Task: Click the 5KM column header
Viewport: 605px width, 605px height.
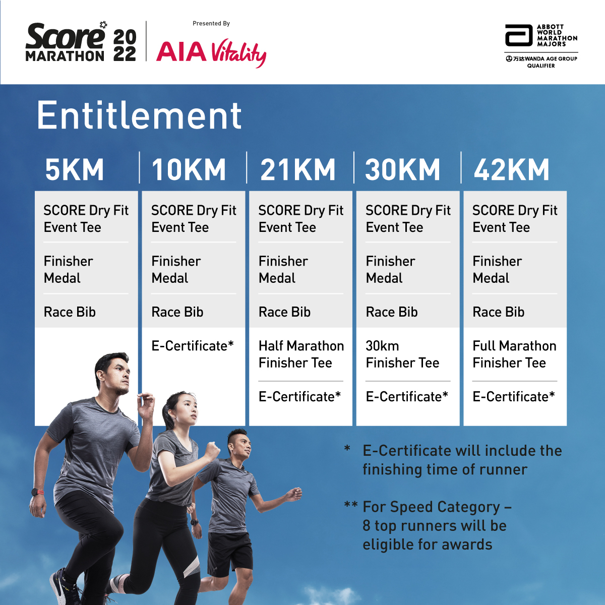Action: click(x=75, y=169)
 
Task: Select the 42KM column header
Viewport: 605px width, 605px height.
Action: click(x=511, y=169)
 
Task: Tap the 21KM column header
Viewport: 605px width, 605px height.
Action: click(x=297, y=169)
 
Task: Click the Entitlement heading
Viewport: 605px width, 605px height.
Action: click(x=139, y=115)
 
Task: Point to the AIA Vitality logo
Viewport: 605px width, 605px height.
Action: click(x=211, y=52)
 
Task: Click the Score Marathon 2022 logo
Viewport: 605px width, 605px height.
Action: click(x=81, y=42)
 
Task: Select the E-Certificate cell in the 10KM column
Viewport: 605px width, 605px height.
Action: click(x=193, y=346)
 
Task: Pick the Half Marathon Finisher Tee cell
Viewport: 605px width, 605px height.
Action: click(x=301, y=354)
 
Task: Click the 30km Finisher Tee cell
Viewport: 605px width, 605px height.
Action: click(x=402, y=354)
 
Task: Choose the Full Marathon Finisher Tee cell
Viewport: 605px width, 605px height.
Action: click(x=514, y=354)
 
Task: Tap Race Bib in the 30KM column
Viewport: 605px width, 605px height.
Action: click(x=392, y=312)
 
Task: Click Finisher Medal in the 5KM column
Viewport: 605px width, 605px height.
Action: click(x=68, y=269)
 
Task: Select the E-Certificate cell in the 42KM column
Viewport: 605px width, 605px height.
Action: click(x=514, y=397)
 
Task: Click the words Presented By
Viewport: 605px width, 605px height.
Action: click(x=211, y=24)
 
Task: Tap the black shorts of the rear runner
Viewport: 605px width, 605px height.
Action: click(x=229, y=550)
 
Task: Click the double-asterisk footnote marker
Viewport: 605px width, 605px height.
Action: click(x=351, y=505)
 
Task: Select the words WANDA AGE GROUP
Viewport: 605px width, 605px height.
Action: click(x=551, y=58)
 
